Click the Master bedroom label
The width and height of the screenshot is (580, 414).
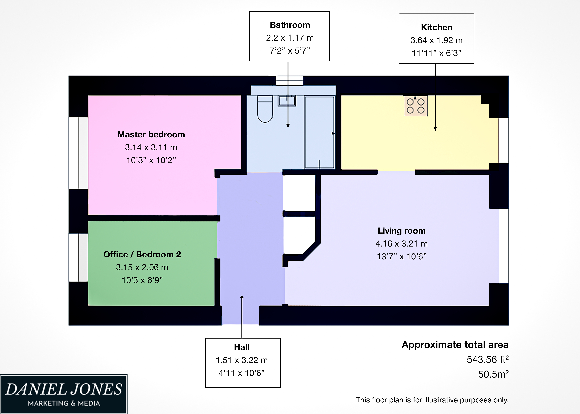[151, 134]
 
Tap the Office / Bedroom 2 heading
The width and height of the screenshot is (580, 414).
[142, 254]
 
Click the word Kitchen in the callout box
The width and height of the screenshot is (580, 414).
[436, 27]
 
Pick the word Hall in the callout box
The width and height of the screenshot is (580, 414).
[242, 347]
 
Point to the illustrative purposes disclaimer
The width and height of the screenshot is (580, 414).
[432, 400]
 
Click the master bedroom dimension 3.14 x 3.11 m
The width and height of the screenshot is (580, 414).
[151, 147]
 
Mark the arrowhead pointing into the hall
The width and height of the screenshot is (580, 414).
[242, 297]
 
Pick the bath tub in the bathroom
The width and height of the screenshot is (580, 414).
[319, 132]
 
